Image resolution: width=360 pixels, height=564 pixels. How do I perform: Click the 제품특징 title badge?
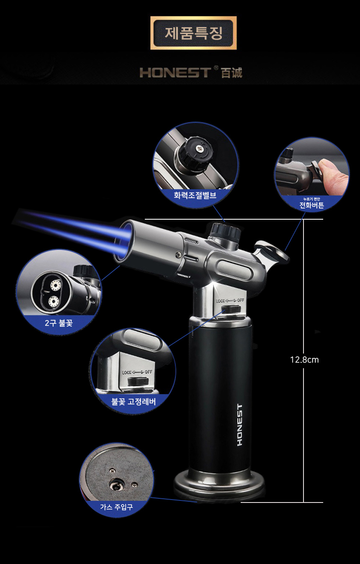(193, 33)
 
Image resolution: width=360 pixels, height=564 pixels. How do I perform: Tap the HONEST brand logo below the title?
(175, 72)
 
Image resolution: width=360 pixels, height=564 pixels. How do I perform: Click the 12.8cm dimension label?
(304, 359)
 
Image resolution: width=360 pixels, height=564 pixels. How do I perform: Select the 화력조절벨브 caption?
(195, 195)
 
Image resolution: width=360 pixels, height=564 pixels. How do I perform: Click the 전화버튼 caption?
(311, 205)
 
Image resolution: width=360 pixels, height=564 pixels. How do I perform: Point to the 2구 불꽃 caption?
(59, 323)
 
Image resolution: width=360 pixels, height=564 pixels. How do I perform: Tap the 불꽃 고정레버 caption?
(134, 401)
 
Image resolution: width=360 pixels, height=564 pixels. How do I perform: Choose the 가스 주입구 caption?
(116, 507)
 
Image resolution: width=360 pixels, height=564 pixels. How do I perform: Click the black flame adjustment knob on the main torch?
(226, 232)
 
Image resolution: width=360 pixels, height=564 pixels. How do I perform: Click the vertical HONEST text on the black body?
(240, 425)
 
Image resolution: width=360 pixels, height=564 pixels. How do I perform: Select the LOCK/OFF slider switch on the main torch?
(231, 310)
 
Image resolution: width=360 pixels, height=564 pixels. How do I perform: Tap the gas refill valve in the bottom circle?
(116, 485)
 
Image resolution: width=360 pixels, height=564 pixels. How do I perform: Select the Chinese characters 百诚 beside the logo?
(231, 72)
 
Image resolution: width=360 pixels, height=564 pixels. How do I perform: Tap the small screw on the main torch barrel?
(178, 255)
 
